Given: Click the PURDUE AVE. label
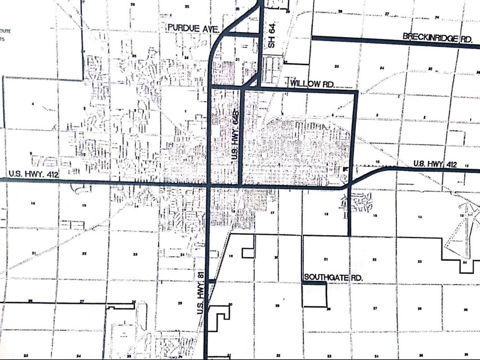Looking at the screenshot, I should (194, 27).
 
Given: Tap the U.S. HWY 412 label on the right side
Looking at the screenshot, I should (434, 164).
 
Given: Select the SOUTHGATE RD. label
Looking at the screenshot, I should (332, 277).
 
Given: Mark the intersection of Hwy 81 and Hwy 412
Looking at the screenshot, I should (210, 185).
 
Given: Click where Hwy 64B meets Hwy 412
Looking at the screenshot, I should (242, 185).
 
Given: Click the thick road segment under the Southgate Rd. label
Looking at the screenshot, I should (315, 284).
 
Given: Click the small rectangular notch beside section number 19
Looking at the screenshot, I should (247, 252).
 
